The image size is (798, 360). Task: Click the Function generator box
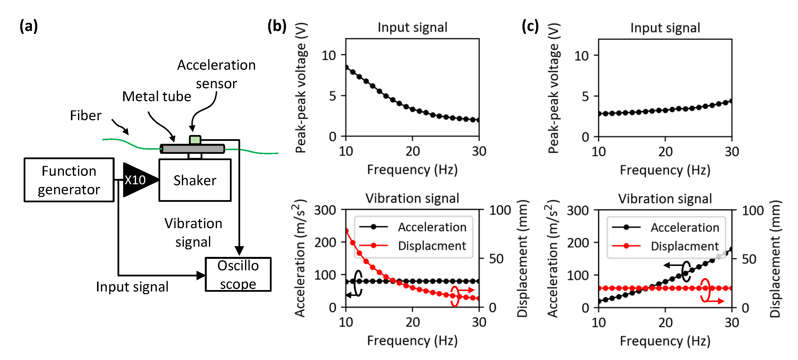tap(69, 180)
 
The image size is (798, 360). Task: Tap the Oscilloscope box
tap(238, 274)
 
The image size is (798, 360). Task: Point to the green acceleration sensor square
tap(195, 140)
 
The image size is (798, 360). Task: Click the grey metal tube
tap(192, 149)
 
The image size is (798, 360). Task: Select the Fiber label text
tap(86, 116)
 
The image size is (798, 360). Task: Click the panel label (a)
tap(29, 26)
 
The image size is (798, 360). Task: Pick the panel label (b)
tap(277, 26)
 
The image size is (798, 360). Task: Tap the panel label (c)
tap(530, 26)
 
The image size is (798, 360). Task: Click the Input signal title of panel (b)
tap(412, 27)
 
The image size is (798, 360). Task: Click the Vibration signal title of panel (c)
tap(665, 199)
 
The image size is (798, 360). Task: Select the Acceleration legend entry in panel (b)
tap(432, 227)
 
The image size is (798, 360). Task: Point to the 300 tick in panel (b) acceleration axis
tap(325, 210)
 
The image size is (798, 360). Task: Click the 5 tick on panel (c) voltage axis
tap(585, 96)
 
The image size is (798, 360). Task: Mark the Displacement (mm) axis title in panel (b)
tap(522, 258)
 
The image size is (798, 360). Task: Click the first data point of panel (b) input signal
tap(346, 67)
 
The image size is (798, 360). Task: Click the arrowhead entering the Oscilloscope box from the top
tap(239, 251)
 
